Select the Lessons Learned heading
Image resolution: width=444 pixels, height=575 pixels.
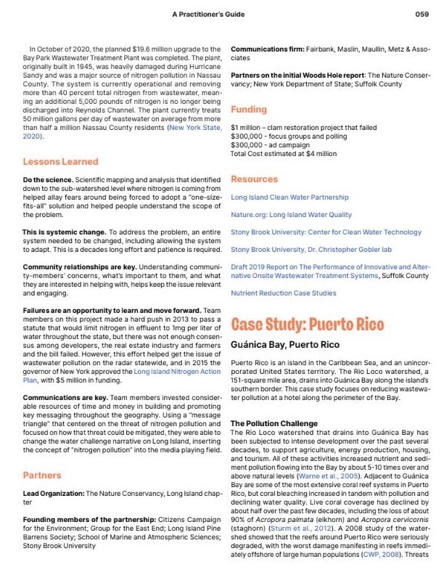coord(61,160)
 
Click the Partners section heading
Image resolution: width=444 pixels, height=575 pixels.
coord(42,475)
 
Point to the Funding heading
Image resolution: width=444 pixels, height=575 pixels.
coord(249,110)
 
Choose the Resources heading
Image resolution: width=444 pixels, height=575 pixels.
coord(254,179)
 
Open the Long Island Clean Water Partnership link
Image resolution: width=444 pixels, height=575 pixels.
coord(289,197)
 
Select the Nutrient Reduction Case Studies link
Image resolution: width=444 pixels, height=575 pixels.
coord(283,293)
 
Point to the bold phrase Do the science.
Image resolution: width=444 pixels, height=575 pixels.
coord(48,179)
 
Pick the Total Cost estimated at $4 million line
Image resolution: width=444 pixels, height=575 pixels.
coord(283,154)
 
